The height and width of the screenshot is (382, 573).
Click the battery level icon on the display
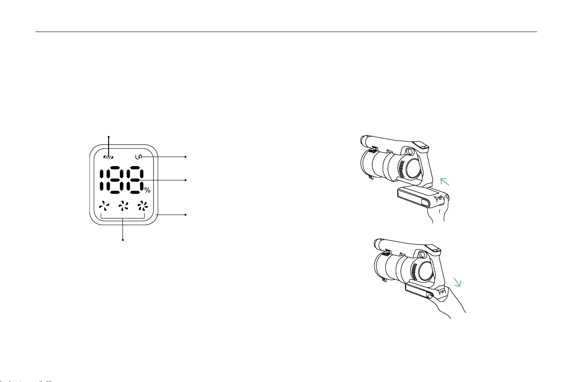coord(109,157)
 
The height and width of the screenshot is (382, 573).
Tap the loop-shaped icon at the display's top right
coord(138,157)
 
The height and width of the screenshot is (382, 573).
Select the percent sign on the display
coord(147,190)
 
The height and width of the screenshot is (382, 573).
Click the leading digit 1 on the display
coord(102,180)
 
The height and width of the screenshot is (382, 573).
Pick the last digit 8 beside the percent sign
coord(135,180)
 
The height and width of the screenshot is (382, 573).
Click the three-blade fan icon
coord(104,206)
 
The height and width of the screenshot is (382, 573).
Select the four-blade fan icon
coord(123,206)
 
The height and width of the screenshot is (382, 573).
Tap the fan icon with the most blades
coord(142,206)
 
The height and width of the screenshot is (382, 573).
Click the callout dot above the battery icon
coord(109,137)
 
